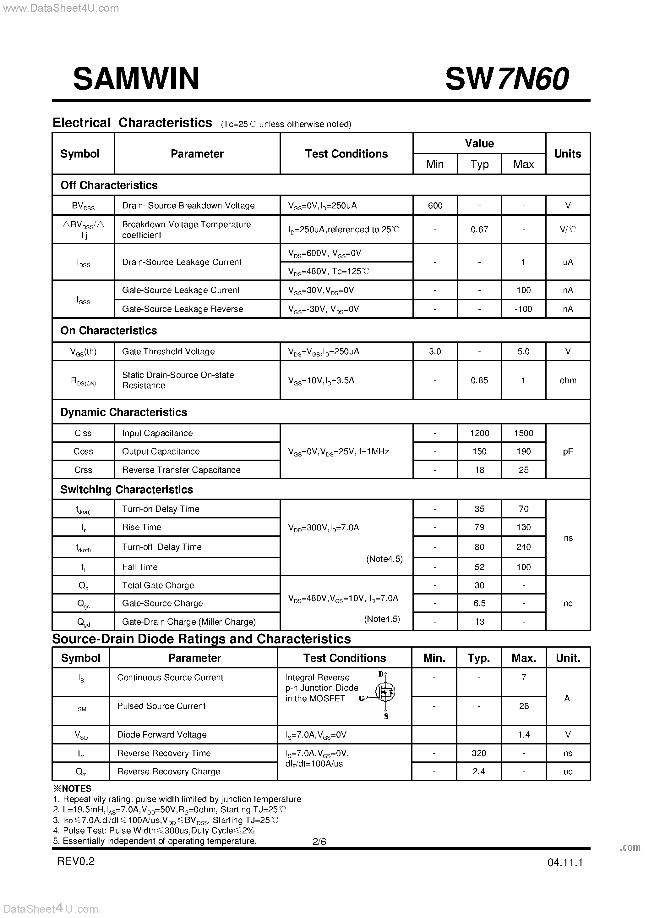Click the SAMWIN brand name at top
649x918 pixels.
[x=136, y=79]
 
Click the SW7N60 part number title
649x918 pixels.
[x=507, y=79]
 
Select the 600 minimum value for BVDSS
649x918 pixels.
[x=435, y=206]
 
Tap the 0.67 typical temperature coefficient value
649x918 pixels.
[x=479, y=229]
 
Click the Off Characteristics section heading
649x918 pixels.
[x=109, y=185]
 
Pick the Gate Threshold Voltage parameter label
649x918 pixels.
[x=168, y=351]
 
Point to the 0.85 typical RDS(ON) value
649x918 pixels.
[x=479, y=380]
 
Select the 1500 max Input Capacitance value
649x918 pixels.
[x=524, y=433]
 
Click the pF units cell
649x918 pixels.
[x=567, y=451]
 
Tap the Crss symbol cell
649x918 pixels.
[x=83, y=470]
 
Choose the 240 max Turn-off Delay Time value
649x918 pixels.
[x=524, y=547]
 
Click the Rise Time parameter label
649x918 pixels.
[x=141, y=527]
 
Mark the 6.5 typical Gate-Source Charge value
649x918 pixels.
[x=479, y=603]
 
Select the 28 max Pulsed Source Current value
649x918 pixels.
[x=524, y=706]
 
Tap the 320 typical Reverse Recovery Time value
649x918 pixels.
[x=479, y=753]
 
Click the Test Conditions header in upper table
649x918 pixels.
[x=346, y=154]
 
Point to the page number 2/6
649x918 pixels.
[x=319, y=842]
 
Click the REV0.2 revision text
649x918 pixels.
[x=76, y=861]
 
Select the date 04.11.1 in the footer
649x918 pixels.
[x=565, y=862]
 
